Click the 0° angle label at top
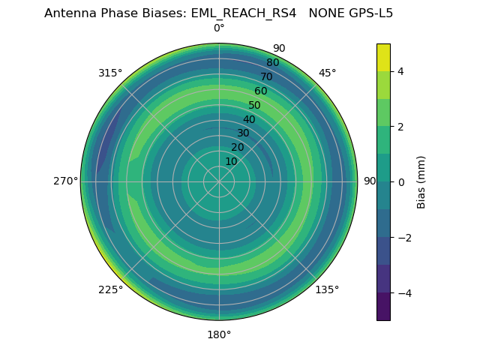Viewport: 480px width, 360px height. click(x=219, y=28)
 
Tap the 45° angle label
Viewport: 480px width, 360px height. click(x=327, y=73)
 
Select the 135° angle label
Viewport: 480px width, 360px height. click(x=327, y=289)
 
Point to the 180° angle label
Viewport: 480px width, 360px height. click(x=219, y=334)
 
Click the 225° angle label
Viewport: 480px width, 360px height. click(x=110, y=289)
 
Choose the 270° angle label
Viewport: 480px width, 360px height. click(x=65, y=181)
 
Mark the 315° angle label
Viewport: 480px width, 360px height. click(x=110, y=73)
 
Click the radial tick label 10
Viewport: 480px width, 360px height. click(x=231, y=161)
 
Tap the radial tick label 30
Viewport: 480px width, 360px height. click(x=243, y=133)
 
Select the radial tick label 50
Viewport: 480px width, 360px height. click(x=254, y=106)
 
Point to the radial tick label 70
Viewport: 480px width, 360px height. click(x=266, y=76)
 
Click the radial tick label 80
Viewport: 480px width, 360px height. click(x=272, y=63)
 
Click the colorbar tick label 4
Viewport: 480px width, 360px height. click(x=401, y=71)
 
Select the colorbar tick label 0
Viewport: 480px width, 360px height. click(x=401, y=182)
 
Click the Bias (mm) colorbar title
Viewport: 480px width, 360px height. click(x=421, y=182)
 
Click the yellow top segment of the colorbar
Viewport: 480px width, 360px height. click(x=383, y=58)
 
